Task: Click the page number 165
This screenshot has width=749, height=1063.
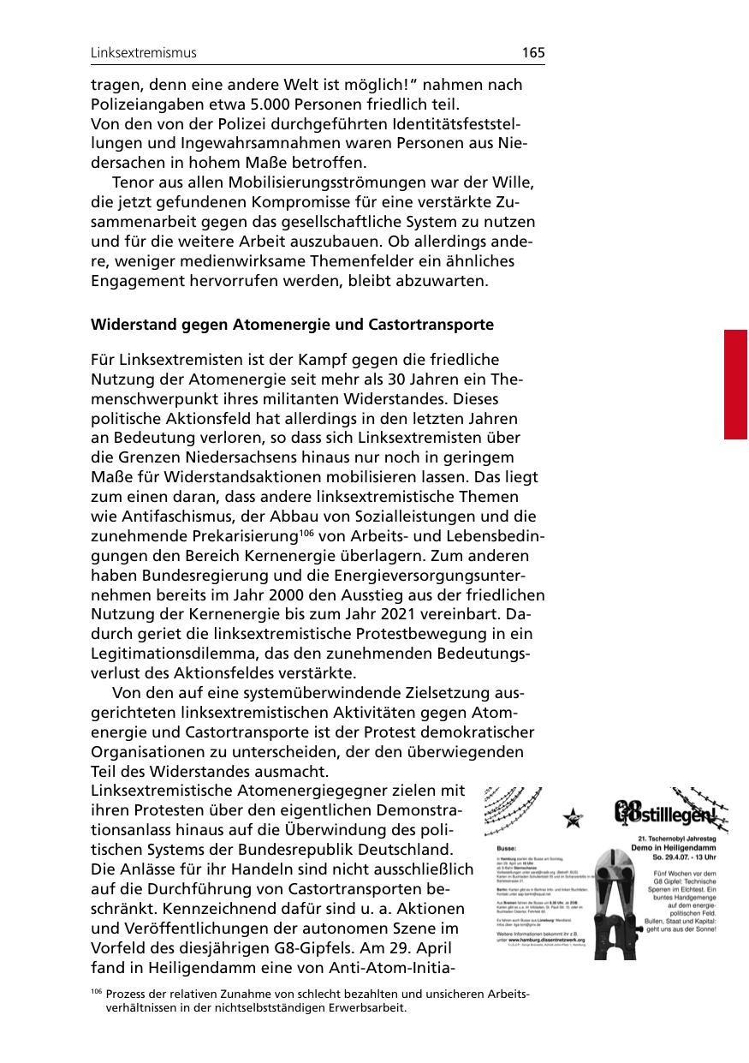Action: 532,53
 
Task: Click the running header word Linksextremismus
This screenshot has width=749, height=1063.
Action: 144,53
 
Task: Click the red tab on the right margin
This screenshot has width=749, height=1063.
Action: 736,384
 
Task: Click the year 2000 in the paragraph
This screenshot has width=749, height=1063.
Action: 292,595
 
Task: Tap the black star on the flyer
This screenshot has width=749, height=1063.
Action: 571,819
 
